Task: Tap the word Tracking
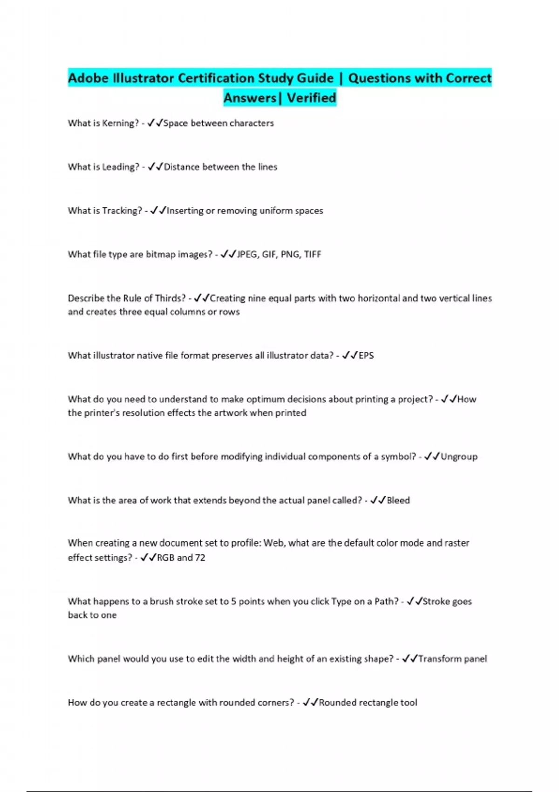[122, 211]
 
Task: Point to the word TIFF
[313, 254]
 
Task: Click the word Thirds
[170, 298]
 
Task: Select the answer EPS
[366, 355]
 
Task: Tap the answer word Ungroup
[459, 457]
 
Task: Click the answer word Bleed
[398, 500]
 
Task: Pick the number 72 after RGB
[200, 558]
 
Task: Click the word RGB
[165, 558]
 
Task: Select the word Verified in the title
[311, 98]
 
